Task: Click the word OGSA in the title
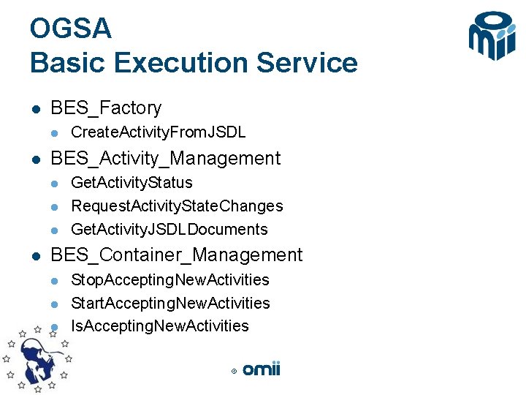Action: coord(71,29)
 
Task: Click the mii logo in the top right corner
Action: coord(492,37)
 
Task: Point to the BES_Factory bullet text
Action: coord(106,108)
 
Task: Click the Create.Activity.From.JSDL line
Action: coord(158,132)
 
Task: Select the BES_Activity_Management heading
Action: coord(165,159)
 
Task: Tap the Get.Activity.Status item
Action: coord(131,183)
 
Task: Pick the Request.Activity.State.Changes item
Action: coord(177,206)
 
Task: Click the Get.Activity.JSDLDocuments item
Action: coord(169,230)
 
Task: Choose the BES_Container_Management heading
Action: coord(176,255)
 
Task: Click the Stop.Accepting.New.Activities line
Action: coord(169,280)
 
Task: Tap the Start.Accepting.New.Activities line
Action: coord(170,304)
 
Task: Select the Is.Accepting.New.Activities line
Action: coord(160,326)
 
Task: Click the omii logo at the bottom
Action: coord(262,369)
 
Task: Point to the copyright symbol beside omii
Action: coord(234,372)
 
